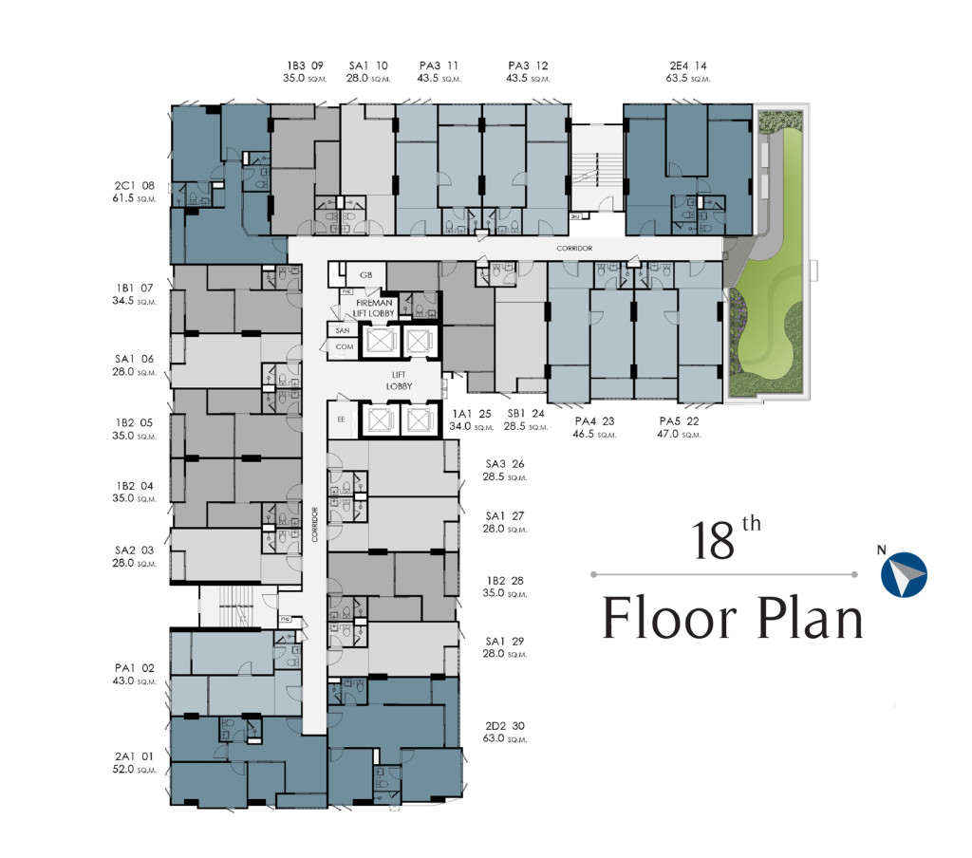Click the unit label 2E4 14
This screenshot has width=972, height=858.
click(x=688, y=65)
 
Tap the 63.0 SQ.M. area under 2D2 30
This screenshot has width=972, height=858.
click(x=506, y=738)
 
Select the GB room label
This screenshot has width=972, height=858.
click(x=365, y=274)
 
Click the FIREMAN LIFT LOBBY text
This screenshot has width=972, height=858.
click(x=374, y=308)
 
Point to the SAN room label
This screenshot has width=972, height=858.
click(x=343, y=330)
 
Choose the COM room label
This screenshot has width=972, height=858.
click(x=343, y=347)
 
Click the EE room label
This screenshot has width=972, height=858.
click(x=342, y=419)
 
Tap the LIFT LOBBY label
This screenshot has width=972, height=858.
click(x=397, y=381)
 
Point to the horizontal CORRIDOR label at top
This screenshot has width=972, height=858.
click(x=575, y=249)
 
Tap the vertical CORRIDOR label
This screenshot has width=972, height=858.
click(x=314, y=524)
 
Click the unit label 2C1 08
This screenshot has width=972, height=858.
click(x=134, y=187)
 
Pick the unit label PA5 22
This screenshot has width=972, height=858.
click(x=681, y=421)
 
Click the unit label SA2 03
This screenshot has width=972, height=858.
click(x=134, y=550)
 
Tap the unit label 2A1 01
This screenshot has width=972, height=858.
click(x=134, y=756)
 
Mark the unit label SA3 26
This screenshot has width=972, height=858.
click(x=505, y=464)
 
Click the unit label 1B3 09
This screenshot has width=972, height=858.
click(x=305, y=65)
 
